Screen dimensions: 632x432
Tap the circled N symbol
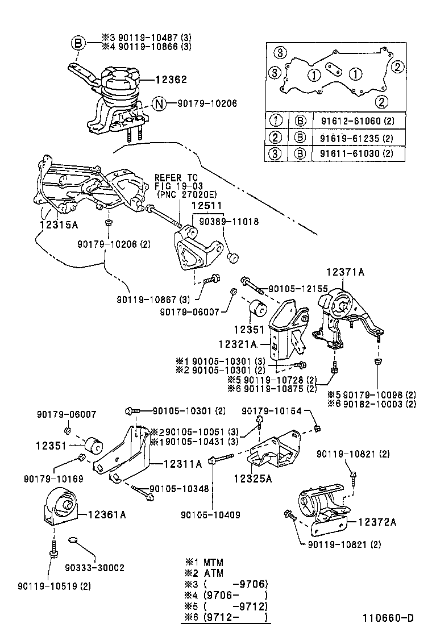160,103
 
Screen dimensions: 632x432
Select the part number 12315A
59,224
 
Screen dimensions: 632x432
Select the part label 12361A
106,515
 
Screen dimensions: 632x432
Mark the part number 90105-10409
210,515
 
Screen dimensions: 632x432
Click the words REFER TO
176,178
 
